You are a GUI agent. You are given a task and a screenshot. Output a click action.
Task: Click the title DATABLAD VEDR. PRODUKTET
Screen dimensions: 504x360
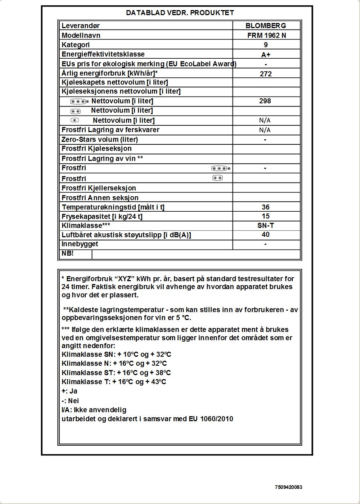click(x=180, y=13)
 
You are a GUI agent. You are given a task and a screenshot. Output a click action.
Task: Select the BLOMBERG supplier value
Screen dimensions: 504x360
click(x=266, y=26)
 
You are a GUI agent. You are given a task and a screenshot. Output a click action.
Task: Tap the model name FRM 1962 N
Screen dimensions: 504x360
click(x=266, y=35)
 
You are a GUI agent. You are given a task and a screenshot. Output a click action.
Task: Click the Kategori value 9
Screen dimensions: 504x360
click(x=266, y=45)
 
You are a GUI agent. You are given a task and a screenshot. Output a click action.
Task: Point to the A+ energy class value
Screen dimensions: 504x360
click(x=266, y=55)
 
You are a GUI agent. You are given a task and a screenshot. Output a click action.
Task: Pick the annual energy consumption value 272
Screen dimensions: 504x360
click(x=266, y=74)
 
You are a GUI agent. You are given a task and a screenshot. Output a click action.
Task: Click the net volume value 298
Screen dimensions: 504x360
click(x=265, y=101)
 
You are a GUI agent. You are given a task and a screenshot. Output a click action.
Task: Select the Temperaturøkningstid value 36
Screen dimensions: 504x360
click(x=265, y=207)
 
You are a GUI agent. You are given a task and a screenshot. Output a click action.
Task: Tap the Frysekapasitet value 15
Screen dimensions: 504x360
click(x=266, y=216)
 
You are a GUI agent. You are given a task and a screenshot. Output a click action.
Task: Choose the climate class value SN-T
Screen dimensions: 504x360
click(x=266, y=225)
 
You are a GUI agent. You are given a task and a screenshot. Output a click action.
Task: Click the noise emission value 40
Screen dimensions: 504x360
click(x=266, y=235)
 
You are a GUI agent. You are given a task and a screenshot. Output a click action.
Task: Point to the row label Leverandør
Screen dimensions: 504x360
click(x=81, y=26)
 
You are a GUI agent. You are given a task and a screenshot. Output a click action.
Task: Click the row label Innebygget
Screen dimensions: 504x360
click(x=80, y=244)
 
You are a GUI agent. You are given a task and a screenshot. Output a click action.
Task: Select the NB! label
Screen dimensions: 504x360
click(x=68, y=253)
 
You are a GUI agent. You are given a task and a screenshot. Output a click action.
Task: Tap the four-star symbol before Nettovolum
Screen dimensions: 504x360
click(x=80, y=102)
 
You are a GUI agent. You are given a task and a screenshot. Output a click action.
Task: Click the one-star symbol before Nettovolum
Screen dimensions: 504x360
click(x=75, y=120)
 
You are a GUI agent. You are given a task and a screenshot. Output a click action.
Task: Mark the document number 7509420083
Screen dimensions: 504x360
click(x=288, y=487)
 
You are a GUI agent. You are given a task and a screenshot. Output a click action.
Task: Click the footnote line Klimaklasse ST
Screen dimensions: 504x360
click(x=116, y=373)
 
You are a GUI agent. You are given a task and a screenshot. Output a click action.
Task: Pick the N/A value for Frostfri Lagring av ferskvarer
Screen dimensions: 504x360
click(x=265, y=130)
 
